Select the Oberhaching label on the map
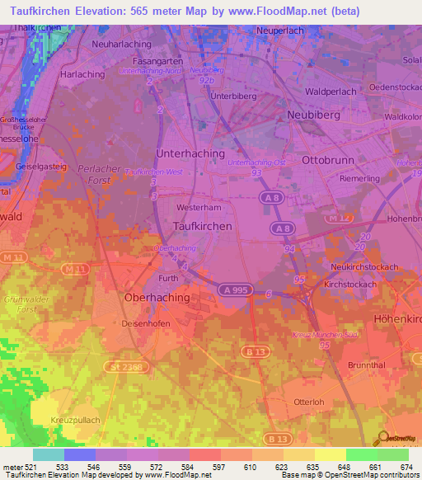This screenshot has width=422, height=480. click(156, 297)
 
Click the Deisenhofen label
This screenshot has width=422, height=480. click(146, 323)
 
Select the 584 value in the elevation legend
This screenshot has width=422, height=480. click(172, 468)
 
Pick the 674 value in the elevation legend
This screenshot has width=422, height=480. click(405, 468)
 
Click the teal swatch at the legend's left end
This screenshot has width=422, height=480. click(48, 454)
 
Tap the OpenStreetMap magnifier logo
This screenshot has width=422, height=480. click(383, 438)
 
